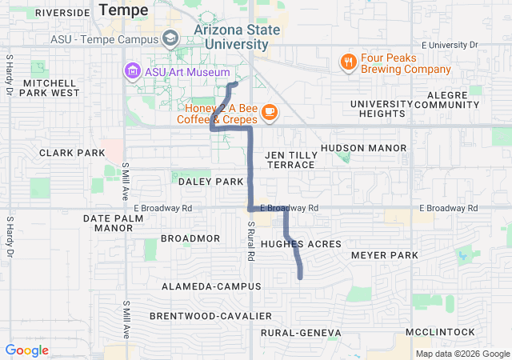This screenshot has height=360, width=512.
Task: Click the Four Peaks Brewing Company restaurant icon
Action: [x=348, y=62]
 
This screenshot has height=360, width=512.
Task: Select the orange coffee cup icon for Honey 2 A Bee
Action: [x=269, y=111]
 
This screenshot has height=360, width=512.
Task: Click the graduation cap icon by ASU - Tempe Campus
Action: [x=170, y=38]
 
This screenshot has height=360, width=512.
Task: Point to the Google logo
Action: [x=26, y=350]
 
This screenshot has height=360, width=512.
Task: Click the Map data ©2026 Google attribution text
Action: [x=461, y=354]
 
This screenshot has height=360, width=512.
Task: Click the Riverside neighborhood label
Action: [x=62, y=13]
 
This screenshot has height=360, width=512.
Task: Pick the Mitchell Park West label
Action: [x=51, y=87]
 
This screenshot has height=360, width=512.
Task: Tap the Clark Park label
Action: [x=72, y=153]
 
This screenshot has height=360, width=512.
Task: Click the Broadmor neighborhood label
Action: [x=190, y=238]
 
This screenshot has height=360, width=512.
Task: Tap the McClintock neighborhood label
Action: [x=440, y=332]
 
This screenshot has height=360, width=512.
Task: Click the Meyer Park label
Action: [x=385, y=255]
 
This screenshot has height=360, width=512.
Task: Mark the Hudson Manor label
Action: [x=363, y=148]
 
